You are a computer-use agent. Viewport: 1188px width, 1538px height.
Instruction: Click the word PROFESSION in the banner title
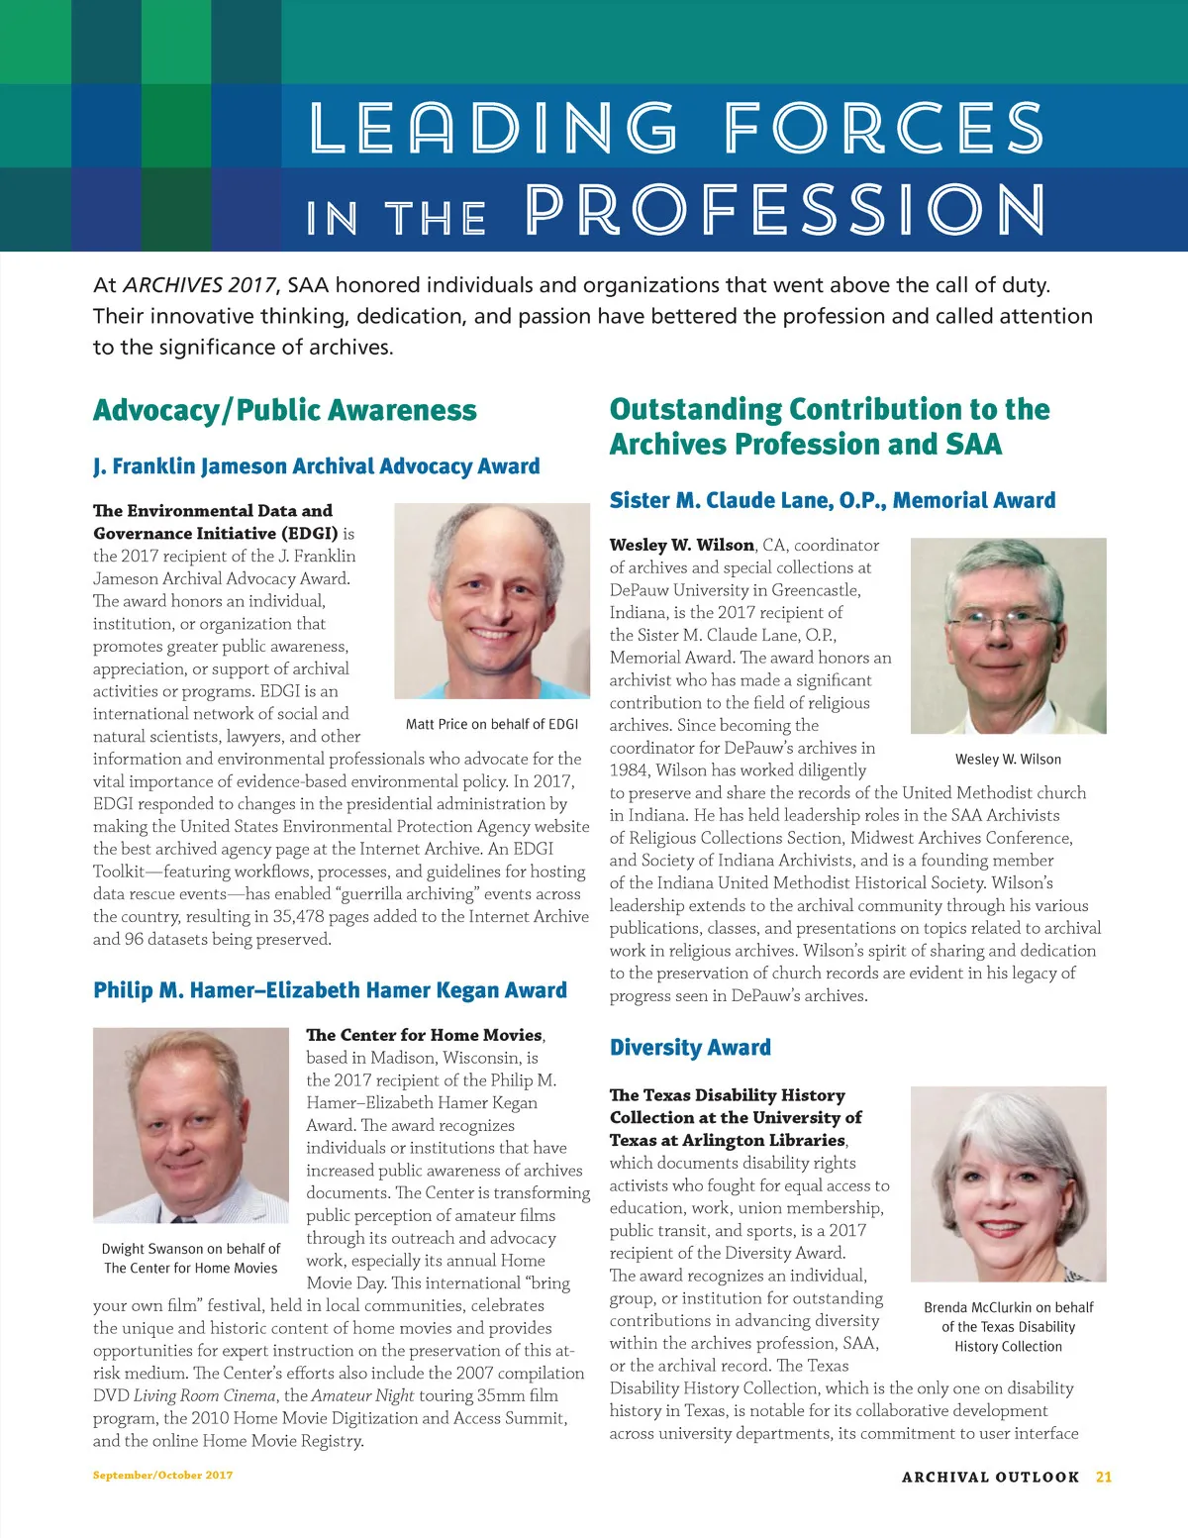click(784, 210)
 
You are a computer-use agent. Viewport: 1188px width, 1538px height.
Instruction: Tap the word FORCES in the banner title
click(883, 129)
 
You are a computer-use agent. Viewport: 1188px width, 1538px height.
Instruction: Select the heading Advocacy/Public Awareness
click(285, 410)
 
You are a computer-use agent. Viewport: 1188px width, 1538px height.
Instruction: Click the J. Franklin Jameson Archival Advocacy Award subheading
click(317, 466)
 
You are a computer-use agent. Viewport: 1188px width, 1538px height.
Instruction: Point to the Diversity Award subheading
click(690, 1048)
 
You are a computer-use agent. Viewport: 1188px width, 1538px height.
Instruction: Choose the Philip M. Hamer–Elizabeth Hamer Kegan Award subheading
click(330, 990)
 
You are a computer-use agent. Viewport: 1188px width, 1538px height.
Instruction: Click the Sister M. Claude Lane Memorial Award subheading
click(833, 500)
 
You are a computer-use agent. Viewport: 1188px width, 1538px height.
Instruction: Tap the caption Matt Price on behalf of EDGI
click(492, 724)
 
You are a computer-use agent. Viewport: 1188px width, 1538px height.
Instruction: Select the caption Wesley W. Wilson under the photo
click(1008, 760)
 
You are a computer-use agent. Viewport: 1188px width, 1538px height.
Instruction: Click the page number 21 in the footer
click(1104, 1477)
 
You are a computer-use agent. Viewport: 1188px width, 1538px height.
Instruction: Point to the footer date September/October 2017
click(163, 1475)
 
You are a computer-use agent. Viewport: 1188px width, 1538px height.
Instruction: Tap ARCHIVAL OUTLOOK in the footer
click(990, 1477)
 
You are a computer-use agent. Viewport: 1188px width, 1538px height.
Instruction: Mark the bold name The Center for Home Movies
click(424, 1035)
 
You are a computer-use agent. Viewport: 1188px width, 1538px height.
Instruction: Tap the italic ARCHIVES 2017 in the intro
click(199, 285)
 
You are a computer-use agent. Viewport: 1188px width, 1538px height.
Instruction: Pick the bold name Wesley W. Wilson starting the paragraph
click(681, 545)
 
